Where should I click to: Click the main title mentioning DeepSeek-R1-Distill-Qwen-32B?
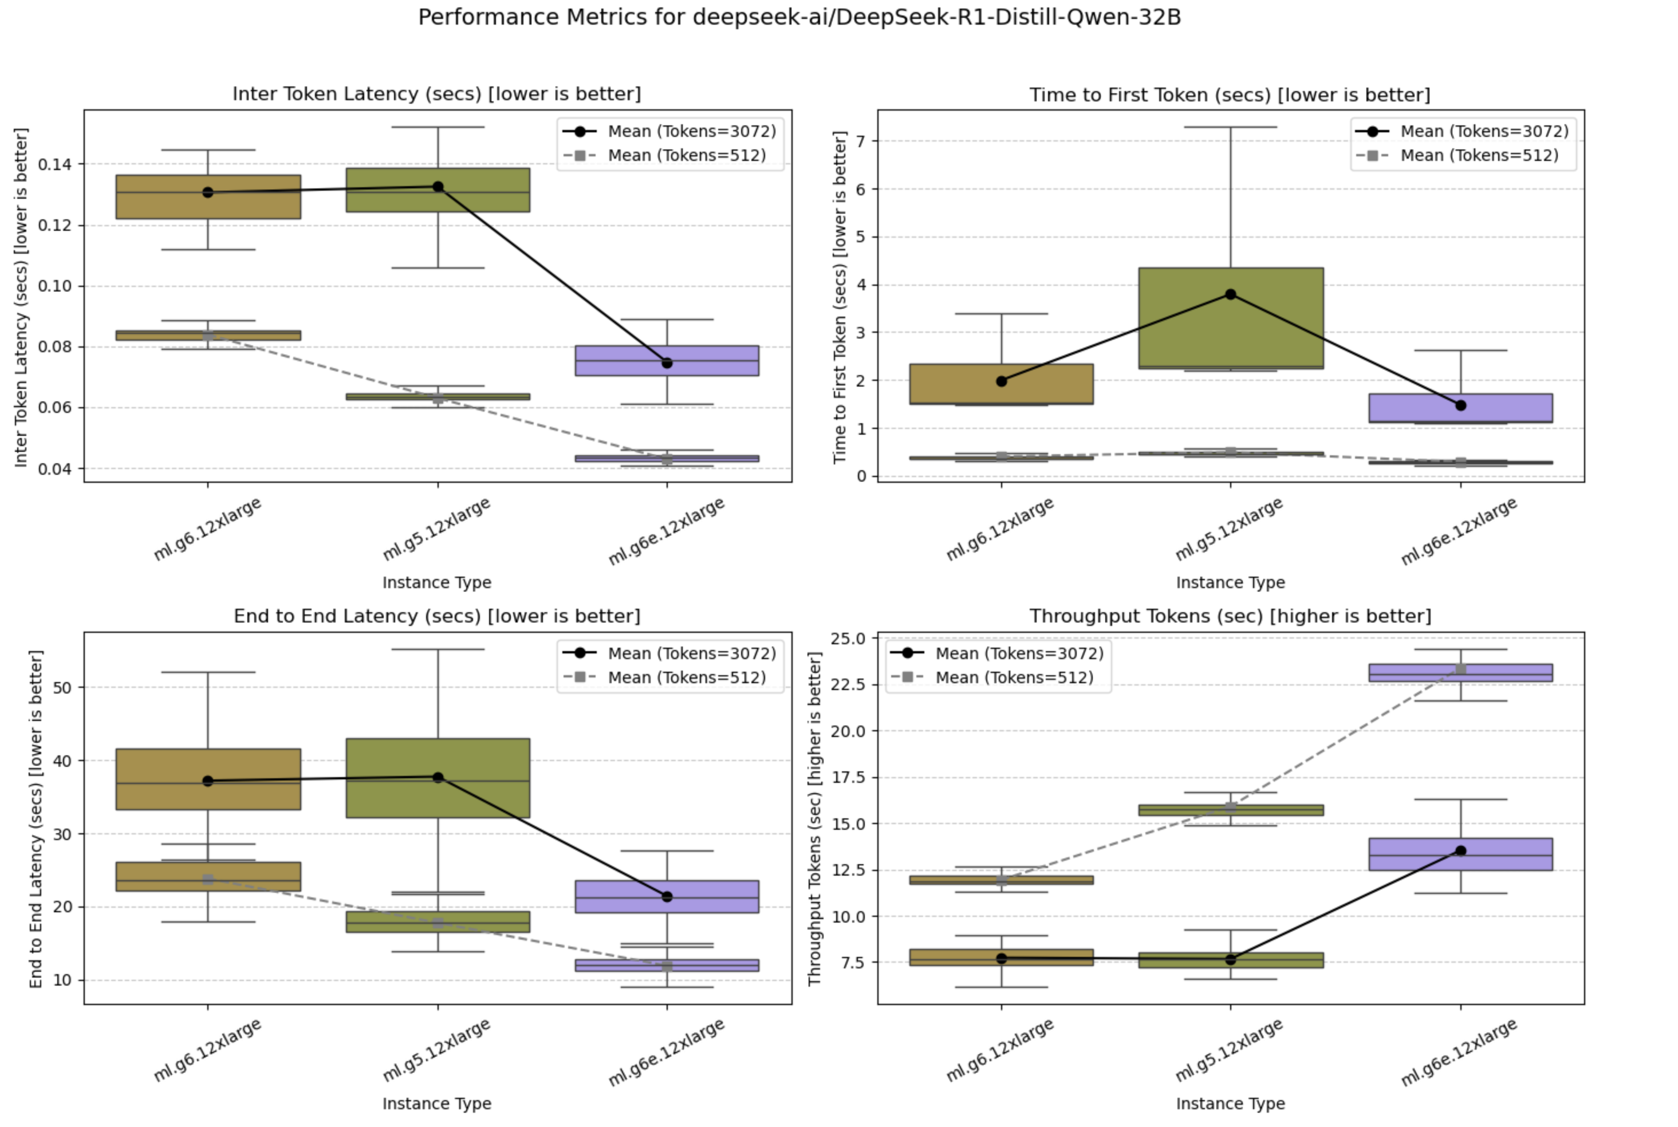pyautogui.click(x=799, y=17)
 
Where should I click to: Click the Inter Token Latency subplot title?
pyautogui.click(x=436, y=94)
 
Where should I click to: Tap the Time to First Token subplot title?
pyautogui.click(x=1230, y=95)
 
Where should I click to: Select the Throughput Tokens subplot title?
pyautogui.click(x=1230, y=616)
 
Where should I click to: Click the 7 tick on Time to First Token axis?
pyautogui.click(x=861, y=141)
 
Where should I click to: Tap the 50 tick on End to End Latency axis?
pyautogui.click(x=62, y=687)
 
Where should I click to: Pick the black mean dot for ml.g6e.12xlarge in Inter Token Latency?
pyautogui.click(x=667, y=363)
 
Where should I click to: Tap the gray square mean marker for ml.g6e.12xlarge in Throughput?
pyautogui.click(x=1460, y=669)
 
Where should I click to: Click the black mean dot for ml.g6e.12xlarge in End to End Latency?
pyautogui.click(x=667, y=896)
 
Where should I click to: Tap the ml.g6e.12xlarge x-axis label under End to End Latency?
pyautogui.click(x=667, y=1052)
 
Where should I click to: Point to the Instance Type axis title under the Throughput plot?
pyautogui.click(x=1230, y=1104)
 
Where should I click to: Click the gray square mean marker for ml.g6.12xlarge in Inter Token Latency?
pyautogui.click(x=208, y=336)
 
